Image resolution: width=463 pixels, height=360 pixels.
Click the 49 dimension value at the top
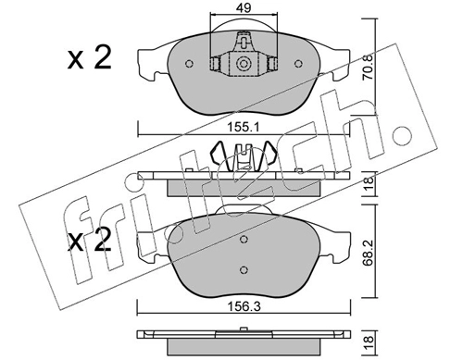pos(244,7)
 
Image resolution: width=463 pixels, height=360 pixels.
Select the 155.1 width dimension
pos(244,127)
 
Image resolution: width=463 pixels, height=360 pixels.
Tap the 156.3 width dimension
pos(244,306)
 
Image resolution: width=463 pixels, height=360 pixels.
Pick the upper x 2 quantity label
pos(89,58)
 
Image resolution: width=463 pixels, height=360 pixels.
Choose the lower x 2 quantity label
pos(89,241)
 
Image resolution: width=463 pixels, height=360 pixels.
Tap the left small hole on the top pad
pos(189,64)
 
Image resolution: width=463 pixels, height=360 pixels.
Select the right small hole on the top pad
pos(298,64)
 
